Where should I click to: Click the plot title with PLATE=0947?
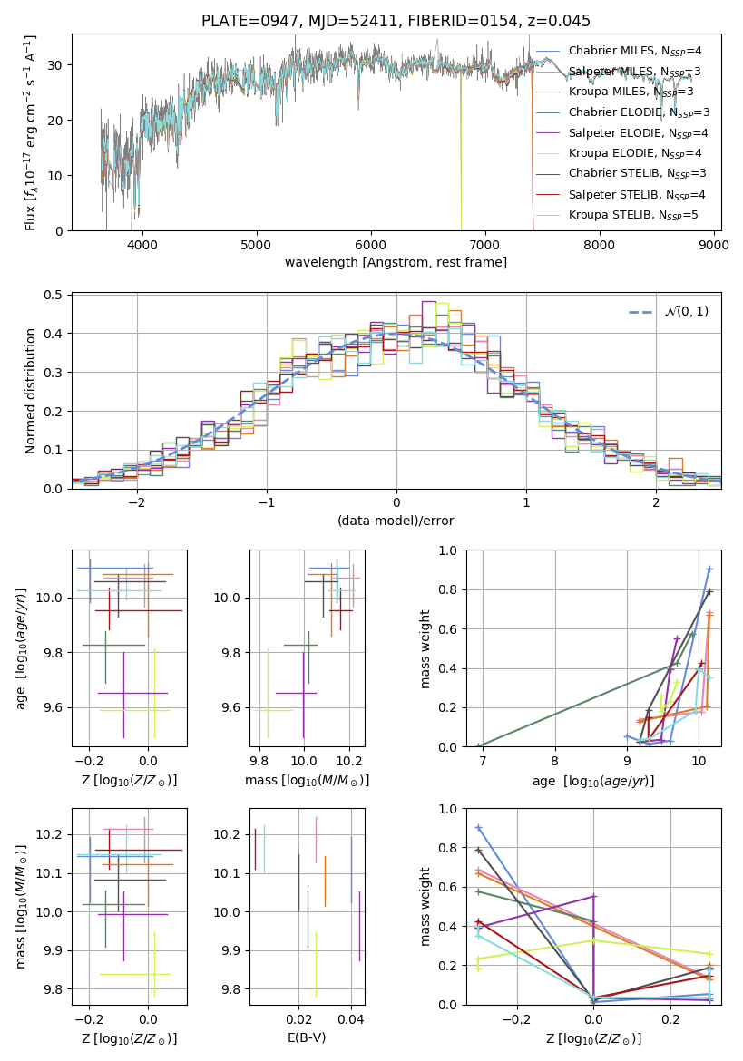click(396, 21)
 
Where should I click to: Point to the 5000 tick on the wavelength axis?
click(256, 244)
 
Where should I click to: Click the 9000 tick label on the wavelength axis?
click(712, 244)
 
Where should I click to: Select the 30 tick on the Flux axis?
click(55, 65)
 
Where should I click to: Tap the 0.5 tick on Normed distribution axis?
click(54, 295)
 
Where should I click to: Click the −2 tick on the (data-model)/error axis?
click(137, 502)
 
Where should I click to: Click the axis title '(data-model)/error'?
click(396, 521)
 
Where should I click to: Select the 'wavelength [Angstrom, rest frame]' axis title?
click(396, 262)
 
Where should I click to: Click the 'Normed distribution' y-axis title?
click(31, 391)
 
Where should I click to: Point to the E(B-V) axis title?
click(308, 1037)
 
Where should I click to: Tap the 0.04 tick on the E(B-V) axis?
click(351, 1019)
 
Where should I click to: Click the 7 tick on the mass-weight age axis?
click(483, 761)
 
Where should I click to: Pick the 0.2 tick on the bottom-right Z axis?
click(670, 1019)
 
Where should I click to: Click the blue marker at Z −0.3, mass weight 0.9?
click(478, 828)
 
